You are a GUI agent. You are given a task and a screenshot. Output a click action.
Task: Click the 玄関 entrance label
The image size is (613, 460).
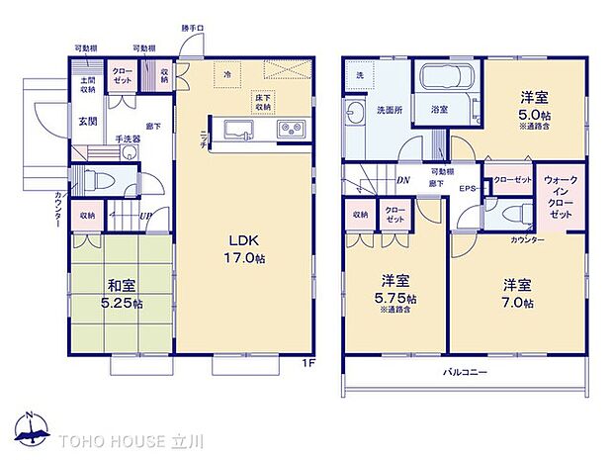(x=88, y=122)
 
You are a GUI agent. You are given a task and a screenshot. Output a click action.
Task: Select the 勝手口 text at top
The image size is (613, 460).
(x=193, y=28)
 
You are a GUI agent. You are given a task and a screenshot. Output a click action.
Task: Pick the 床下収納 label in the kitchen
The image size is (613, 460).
(x=263, y=102)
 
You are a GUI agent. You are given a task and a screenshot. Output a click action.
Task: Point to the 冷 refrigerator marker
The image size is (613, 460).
(x=226, y=74)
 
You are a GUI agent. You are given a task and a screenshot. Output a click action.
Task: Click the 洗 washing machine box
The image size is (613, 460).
(x=359, y=76)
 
